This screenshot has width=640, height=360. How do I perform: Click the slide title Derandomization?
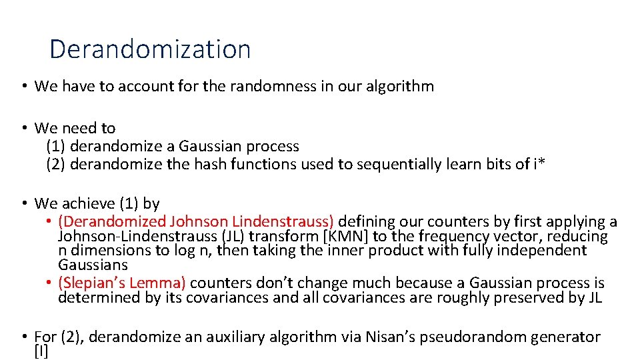pos(150,49)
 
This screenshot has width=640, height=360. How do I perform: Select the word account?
pos(130,86)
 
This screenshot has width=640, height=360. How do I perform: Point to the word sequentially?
pos(387,164)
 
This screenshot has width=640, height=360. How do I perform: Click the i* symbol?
pos(539,164)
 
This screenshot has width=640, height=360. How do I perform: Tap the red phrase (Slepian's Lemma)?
pos(122,283)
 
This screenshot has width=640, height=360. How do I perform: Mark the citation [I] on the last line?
pos(41,352)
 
